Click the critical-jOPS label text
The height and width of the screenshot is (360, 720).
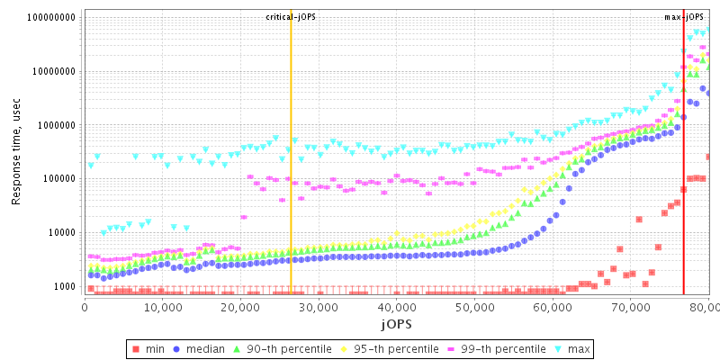click(291, 17)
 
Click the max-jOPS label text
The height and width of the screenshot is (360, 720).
click(684, 17)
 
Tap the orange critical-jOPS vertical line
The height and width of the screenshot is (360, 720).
click(291, 180)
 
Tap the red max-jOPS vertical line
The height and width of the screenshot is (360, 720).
click(683, 180)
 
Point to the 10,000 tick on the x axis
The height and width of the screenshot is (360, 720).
click(162, 307)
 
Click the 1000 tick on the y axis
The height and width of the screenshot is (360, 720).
click(64, 286)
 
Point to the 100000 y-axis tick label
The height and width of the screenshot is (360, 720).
click(58, 178)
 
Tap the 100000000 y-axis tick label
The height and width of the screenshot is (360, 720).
click(51, 17)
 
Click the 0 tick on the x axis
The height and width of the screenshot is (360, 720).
click(84, 307)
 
